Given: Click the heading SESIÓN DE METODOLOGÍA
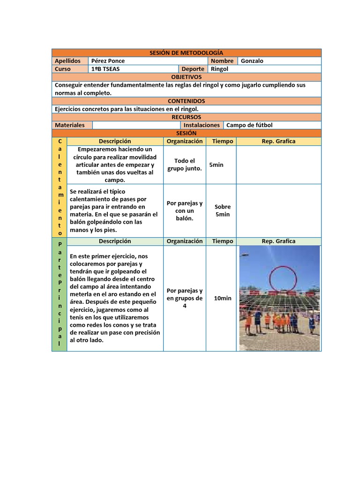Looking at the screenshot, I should point(186,53).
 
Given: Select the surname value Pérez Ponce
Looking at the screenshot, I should point(108,61).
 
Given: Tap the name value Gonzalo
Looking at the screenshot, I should point(252,61).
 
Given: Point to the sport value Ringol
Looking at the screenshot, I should point(220,69).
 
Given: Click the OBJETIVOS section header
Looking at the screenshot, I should point(186,77).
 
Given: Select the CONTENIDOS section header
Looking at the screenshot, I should point(186,101).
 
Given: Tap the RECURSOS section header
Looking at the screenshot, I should point(186,117).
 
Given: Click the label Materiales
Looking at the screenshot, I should point(70,125).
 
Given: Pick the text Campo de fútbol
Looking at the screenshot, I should point(249,125).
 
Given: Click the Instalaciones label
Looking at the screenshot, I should point(202,125).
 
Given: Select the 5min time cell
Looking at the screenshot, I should point(216,165).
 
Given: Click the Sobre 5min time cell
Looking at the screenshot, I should point(223,210).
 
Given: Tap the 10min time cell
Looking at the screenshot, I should point(223,298).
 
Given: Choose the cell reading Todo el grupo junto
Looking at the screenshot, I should point(185,165).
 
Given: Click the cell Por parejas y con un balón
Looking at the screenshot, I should point(185,210).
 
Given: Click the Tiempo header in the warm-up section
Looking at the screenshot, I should point(223,141).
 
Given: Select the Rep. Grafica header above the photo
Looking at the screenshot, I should point(278,241).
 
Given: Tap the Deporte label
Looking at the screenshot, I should point(193,69).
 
